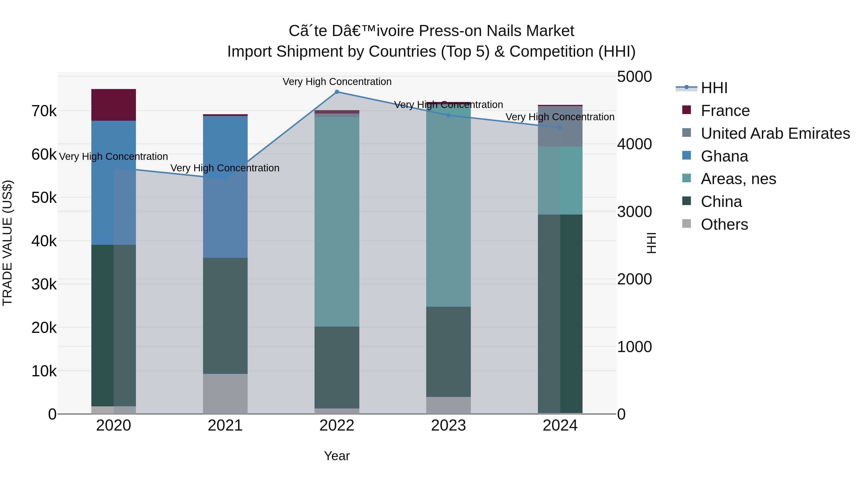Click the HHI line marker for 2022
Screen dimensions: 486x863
click(337, 92)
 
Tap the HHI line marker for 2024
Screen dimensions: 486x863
click(560, 128)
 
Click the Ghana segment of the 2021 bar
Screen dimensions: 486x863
click(225, 186)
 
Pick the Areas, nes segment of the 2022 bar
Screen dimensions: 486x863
click(337, 221)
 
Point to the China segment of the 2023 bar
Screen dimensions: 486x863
click(448, 352)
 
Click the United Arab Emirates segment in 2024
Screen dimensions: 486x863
click(560, 126)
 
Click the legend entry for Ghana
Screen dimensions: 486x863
click(724, 156)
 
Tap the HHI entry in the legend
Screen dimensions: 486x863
click(714, 88)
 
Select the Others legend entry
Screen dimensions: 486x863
click(724, 224)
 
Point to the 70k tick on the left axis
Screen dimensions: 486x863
click(44, 111)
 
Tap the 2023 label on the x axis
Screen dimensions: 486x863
click(448, 426)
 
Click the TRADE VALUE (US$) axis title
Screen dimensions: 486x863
click(7, 243)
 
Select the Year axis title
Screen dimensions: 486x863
click(337, 456)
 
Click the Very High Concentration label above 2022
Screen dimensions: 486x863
click(337, 82)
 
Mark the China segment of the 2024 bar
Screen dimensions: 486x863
click(560, 314)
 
